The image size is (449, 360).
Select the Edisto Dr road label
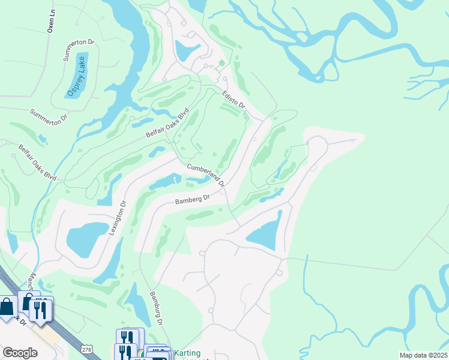(x=234, y=100)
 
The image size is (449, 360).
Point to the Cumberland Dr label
(x=205, y=175)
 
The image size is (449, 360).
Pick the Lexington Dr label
(x=118, y=217)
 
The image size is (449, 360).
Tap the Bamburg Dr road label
(x=155, y=308)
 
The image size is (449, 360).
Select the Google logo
(x=19, y=353)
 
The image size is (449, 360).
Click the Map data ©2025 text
(x=423, y=355)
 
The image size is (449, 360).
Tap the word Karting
(x=188, y=353)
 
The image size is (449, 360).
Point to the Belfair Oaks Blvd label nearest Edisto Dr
(x=167, y=123)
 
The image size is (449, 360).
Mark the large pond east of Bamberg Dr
(x=266, y=231)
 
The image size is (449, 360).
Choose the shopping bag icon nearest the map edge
(x=7, y=307)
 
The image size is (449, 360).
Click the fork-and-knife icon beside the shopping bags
(x=41, y=310)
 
